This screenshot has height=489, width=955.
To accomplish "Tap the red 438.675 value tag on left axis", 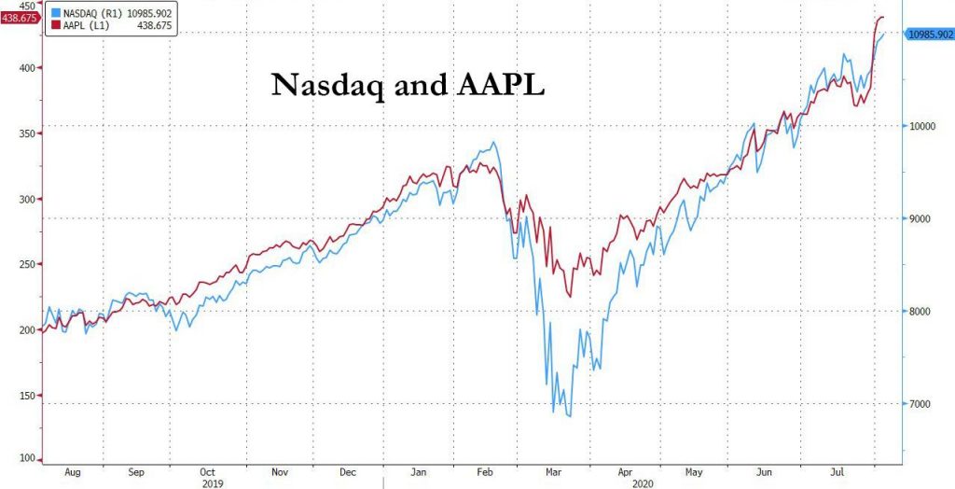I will (19, 17).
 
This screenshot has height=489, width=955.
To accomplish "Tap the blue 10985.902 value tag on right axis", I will (930, 34).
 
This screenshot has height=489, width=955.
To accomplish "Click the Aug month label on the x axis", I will (70, 472).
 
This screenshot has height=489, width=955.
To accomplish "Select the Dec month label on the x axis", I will (347, 472).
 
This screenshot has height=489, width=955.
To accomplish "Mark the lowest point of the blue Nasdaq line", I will (568, 416).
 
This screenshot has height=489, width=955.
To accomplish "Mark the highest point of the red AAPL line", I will (881, 17).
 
